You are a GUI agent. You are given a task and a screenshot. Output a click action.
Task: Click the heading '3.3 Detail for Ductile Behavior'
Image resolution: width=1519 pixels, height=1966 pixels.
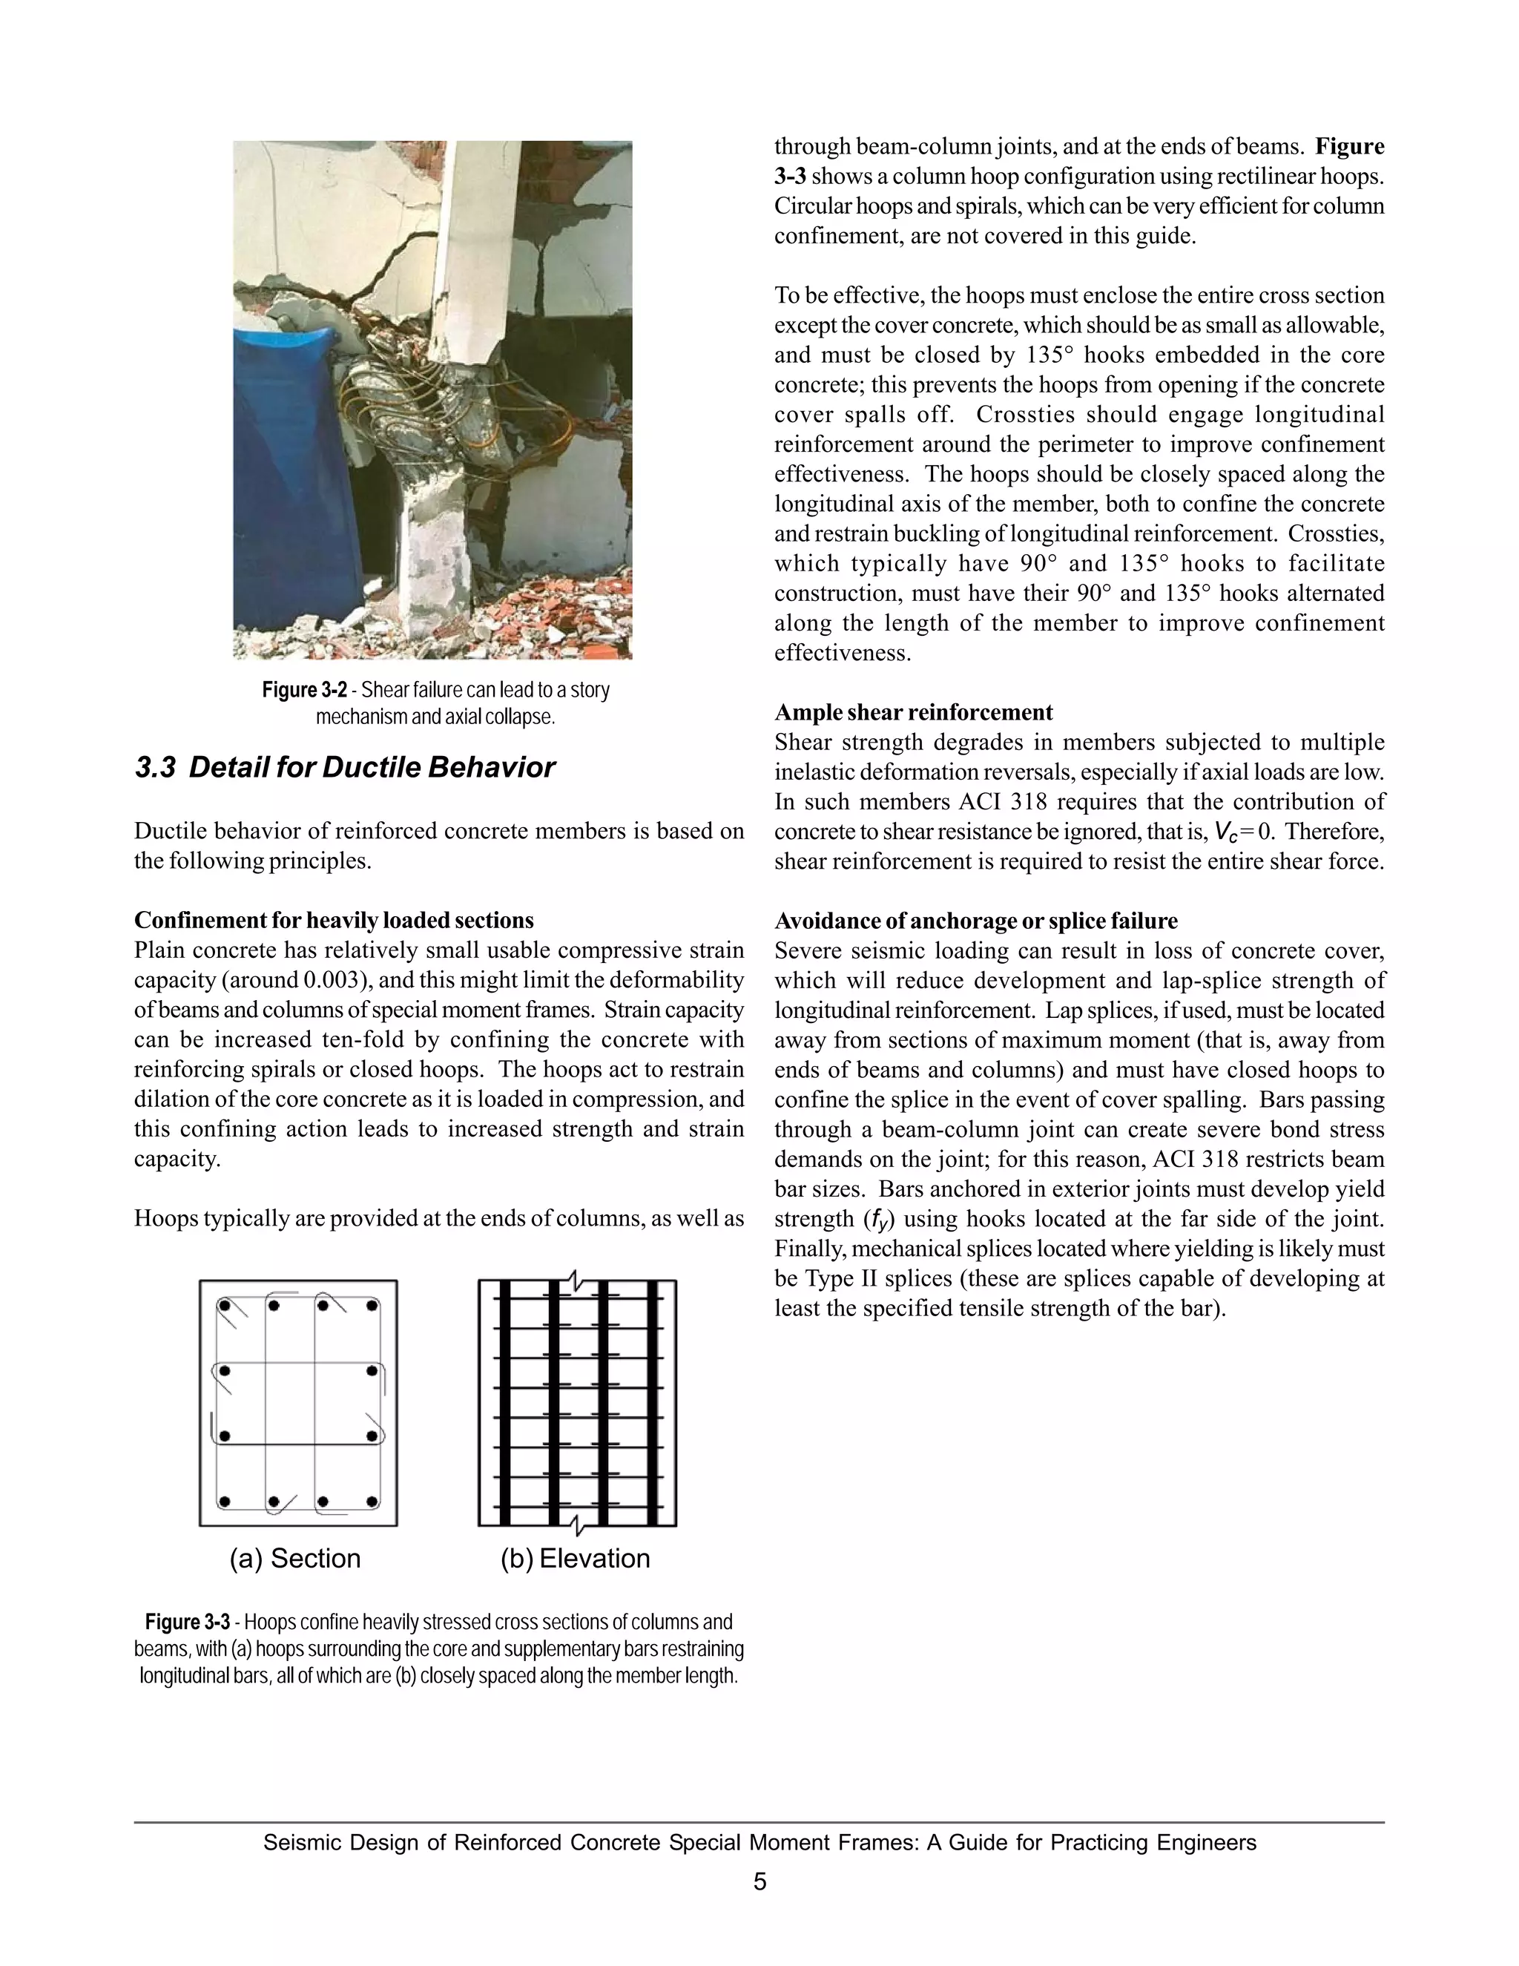(345, 768)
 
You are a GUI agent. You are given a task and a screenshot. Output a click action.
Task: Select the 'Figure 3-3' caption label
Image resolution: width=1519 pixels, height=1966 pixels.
(187, 1622)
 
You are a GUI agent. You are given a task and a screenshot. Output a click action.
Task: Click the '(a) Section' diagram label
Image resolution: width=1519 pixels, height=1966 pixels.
(295, 1558)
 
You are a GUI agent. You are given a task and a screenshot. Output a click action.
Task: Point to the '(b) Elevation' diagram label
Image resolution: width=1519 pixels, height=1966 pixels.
(575, 1558)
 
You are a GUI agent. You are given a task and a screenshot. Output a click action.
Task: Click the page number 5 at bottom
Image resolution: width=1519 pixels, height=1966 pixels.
(759, 1882)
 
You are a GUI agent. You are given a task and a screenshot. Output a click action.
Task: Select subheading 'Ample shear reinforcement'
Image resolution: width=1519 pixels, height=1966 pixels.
(913, 713)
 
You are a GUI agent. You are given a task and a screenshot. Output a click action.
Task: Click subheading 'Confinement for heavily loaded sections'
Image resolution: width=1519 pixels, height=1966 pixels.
(334, 920)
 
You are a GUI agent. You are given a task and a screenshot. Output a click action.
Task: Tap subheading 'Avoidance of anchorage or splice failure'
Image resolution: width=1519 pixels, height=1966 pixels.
(975, 921)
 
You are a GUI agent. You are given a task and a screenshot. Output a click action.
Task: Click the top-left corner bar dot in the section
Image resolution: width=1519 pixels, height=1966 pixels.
(225, 1305)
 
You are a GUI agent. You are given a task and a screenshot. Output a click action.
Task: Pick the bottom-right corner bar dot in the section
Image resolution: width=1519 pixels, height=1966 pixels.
(372, 1502)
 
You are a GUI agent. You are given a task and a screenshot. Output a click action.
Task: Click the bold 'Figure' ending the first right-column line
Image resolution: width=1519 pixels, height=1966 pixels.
(1349, 147)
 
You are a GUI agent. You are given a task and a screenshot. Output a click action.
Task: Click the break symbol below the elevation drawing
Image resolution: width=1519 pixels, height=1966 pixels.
(577, 1525)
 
